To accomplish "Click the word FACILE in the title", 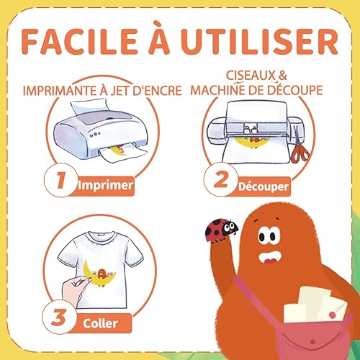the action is coord(80,41).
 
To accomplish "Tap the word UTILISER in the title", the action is coord(260,41).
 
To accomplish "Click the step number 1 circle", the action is coord(61,180).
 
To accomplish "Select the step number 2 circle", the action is coord(221,179).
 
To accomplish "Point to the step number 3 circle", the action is coord(59,317).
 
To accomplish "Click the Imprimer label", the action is coord(105,185).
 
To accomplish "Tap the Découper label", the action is coord(264,186).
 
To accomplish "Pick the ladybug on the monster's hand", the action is coord(221,230).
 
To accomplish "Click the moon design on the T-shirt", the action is coord(99,273).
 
